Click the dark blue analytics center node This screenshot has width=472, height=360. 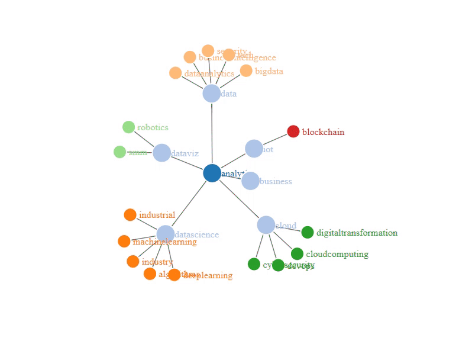click(212, 173)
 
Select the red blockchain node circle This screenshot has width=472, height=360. click(293, 131)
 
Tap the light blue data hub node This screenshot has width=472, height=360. click(211, 93)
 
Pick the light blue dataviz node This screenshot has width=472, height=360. click(161, 153)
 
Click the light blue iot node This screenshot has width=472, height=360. click(254, 149)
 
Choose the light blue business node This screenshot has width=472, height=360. click(250, 181)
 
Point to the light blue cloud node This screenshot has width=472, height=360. click(266, 225)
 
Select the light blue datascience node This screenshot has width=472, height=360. click(166, 234)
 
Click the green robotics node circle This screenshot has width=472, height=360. click(128, 127)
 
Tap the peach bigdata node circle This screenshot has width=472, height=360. click(246, 71)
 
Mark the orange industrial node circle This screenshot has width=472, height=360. click(130, 215)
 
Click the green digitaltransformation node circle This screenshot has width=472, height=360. click(308, 233)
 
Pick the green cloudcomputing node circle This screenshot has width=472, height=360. click(297, 254)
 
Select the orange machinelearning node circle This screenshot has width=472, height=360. click(124, 241)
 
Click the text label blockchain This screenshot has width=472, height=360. click(323, 132)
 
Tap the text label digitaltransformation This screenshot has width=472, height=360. click(357, 233)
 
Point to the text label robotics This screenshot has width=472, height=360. click(153, 127)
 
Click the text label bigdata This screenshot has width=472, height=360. click(269, 71)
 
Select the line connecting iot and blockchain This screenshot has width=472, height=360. click(274, 140)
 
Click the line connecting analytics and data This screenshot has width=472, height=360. click(212, 133)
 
